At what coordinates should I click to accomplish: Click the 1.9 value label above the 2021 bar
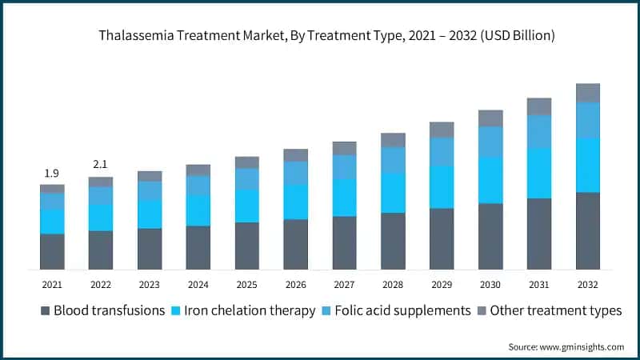52,174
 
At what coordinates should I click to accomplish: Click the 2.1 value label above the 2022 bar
101,165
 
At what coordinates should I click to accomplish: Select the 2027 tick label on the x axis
344,284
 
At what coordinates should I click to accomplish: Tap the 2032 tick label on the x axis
588,284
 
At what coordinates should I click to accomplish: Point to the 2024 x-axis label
198,284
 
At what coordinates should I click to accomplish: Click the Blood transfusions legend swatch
45,311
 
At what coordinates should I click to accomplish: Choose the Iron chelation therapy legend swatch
176,311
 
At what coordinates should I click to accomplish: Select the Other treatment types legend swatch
481,311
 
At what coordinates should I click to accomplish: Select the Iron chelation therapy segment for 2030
490,180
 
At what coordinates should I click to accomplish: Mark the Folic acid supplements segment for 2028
393,160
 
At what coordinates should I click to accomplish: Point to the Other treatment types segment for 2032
588,93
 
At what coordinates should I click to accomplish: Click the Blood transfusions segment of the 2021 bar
52,251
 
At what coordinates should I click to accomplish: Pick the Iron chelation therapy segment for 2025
246,206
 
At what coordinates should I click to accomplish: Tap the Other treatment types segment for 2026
295,155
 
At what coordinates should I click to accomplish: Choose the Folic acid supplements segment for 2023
150,190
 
